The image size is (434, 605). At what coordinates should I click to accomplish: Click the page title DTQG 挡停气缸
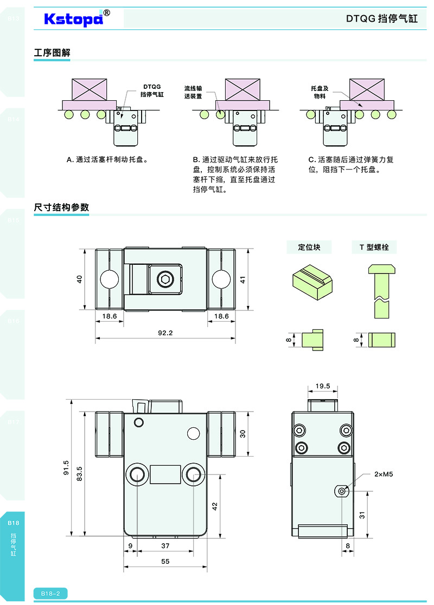381,18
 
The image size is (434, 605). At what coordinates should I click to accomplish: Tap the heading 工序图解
52,53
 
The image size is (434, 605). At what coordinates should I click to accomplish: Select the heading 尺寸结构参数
61,207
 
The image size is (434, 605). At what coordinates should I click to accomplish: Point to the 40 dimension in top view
79,279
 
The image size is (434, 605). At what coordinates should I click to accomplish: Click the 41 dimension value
243,279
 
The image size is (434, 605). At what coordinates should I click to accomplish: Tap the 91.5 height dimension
66,467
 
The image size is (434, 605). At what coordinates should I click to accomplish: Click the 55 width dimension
165,562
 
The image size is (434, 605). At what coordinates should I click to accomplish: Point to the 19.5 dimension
323,386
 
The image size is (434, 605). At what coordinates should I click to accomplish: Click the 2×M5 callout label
383,474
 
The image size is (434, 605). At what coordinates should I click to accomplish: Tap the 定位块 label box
309,248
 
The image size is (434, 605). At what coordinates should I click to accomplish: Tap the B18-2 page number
50,594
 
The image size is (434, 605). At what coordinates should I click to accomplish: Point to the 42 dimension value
214,506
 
